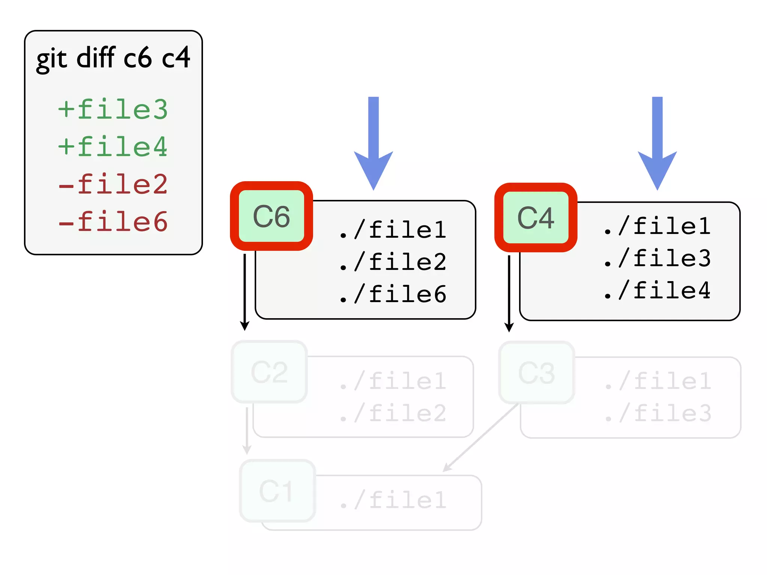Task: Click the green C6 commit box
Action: pos(271,216)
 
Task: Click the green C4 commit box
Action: pos(536,218)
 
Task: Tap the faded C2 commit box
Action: pos(269,372)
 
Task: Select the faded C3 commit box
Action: pos(536,373)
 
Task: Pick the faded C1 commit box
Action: pos(277,491)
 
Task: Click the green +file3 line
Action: pos(113,109)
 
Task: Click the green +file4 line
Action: pos(113,147)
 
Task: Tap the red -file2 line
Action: pos(113,184)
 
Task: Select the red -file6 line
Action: pos(113,222)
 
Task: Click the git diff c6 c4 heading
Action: pos(113,58)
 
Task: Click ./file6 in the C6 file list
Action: pos(393,294)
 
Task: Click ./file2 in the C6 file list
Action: pos(393,262)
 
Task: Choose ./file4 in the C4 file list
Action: pos(657,290)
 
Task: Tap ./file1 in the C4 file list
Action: pos(657,226)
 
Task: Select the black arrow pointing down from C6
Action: pos(245,292)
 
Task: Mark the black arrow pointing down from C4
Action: pos(509,293)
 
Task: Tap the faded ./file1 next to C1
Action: pos(393,500)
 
